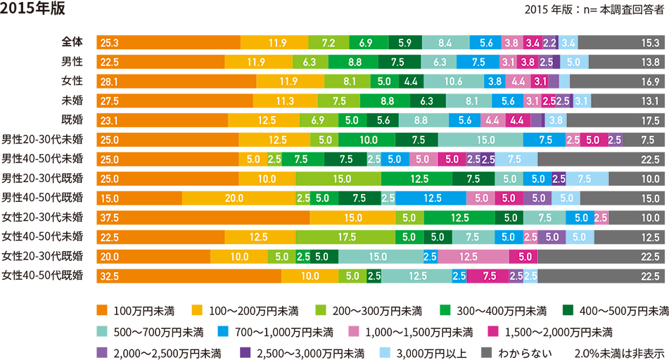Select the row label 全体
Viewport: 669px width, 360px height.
72,42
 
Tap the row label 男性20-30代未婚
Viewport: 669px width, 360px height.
42,139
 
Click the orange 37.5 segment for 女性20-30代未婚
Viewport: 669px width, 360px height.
203,217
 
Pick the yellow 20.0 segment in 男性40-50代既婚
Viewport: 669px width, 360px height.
238,197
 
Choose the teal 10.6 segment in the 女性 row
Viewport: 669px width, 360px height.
453,81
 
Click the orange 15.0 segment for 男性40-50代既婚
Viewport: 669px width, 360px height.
139,197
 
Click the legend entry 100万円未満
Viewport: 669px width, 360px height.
137,310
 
